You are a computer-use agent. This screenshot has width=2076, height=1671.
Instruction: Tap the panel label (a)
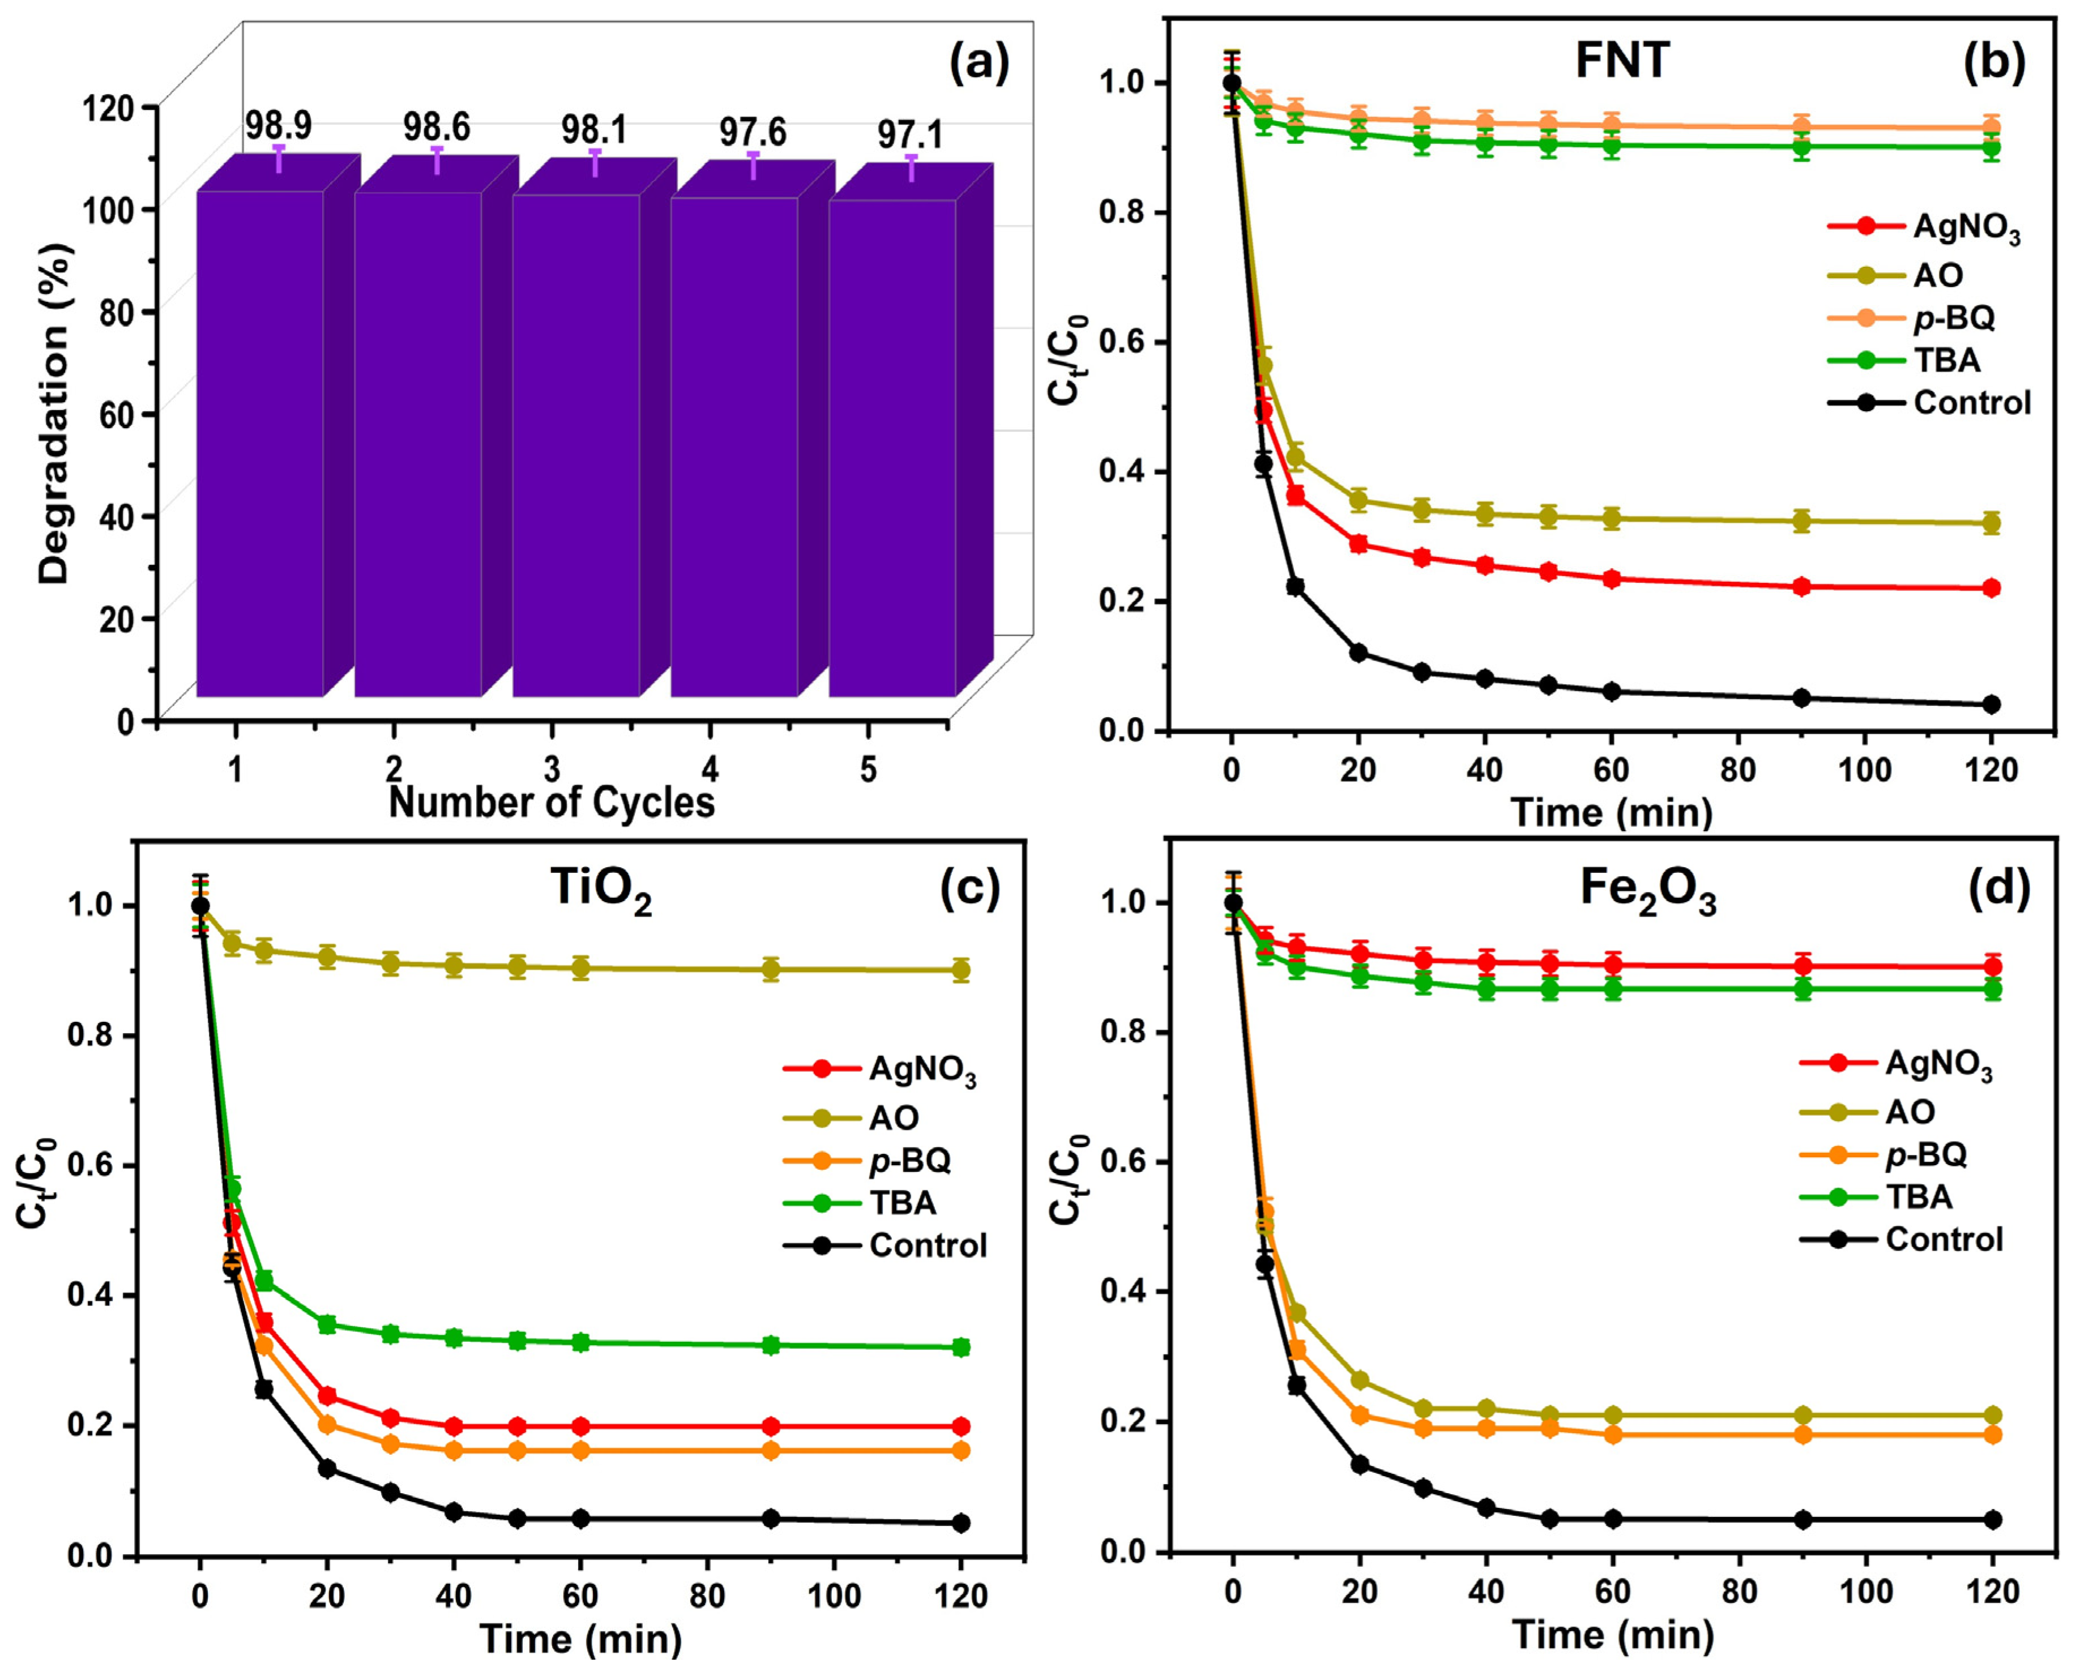tap(979, 65)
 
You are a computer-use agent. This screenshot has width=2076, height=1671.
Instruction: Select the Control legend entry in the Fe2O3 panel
tap(1901, 1239)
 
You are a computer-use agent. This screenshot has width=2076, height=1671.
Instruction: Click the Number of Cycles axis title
tap(552, 802)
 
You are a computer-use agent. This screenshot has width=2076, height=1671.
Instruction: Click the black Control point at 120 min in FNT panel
tap(1991, 704)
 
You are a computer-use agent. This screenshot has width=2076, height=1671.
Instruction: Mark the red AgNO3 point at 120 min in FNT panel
tap(1991, 587)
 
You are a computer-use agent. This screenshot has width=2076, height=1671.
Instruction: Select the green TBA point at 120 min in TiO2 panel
tap(960, 1346)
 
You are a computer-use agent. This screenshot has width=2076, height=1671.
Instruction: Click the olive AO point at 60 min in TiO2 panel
tap(580, 968)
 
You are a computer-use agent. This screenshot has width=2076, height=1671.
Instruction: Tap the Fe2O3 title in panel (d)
tap(1648, 891)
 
